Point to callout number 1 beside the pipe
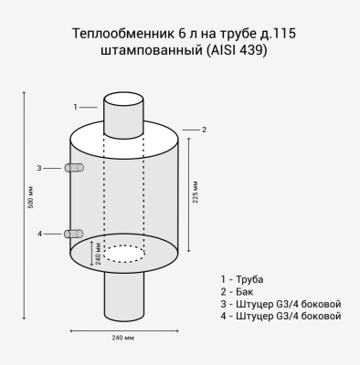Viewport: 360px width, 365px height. point(75,107)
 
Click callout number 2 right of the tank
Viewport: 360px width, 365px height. point(204,130)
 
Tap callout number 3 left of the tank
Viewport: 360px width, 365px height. point(39,168)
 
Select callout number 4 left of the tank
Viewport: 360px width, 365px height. point(39,234)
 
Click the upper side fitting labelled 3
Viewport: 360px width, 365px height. point(75,168)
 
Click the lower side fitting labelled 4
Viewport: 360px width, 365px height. point(75,234)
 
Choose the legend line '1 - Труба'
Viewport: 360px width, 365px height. point(242,277)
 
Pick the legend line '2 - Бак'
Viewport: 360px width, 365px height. point(238,290)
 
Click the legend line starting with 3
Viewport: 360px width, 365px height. point(281,303)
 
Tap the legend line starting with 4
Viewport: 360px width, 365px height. point(281,316)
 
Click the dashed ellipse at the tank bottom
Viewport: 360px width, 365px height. point(123,253)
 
